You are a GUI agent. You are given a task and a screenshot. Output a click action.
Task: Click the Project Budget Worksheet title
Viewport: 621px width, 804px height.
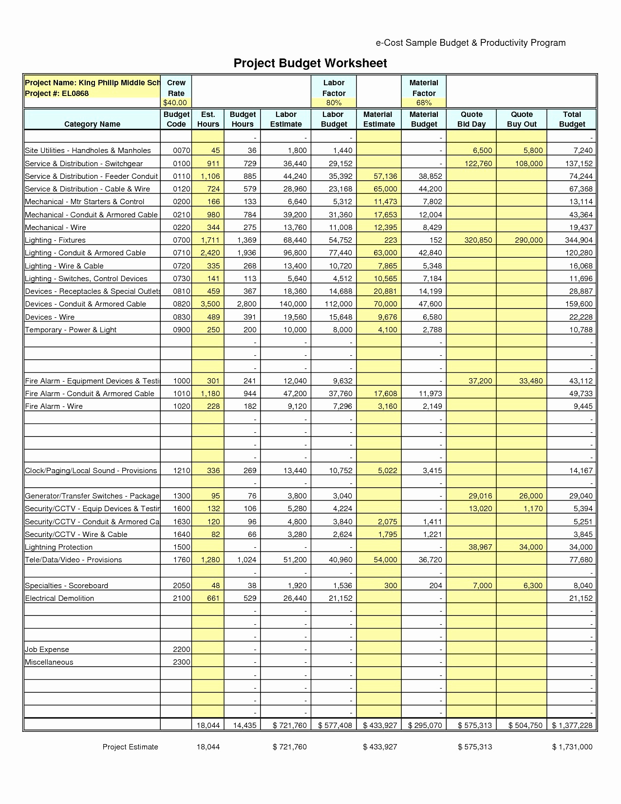[310, 63]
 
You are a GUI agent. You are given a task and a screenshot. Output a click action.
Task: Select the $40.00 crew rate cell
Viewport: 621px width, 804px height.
[175, 103]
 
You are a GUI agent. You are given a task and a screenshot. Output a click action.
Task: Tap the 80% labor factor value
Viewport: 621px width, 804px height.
[334, 103]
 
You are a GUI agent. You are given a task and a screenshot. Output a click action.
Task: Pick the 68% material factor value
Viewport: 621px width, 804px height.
[424, 103]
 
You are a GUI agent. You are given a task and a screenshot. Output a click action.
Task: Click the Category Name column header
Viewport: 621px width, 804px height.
[92, 124]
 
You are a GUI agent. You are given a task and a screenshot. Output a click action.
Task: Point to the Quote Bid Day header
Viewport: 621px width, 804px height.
[471, 119]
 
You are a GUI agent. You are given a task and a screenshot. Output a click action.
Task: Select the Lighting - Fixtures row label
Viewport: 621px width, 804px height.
[55, 240]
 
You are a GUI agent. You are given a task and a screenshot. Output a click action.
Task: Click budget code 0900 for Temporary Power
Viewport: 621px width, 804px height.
[182, 330]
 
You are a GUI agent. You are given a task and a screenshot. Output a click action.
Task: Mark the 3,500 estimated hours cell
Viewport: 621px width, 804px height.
[210, 304]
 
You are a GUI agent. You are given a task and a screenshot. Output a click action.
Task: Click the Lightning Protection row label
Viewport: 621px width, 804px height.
[58, 547]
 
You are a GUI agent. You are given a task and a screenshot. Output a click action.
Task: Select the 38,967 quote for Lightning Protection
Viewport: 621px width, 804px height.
[480, 547]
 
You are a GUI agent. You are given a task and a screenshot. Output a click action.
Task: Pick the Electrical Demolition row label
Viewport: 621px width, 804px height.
[59, 598]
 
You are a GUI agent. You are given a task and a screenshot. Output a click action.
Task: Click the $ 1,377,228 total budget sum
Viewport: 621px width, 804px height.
[572, 726]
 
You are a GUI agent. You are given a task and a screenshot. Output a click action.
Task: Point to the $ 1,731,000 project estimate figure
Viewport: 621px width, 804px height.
[572, 747]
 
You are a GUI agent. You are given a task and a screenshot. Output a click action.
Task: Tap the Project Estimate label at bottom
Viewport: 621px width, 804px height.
[130, 747]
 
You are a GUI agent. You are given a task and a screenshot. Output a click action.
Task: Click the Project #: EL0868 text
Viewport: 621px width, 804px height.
[57, 94]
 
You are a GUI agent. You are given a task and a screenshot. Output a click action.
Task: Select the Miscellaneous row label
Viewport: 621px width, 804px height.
[49, 662]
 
